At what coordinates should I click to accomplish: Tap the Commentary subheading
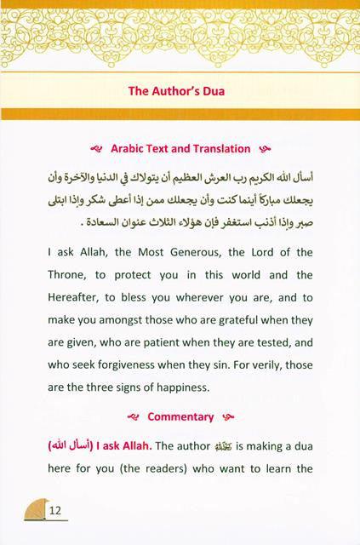(x=180, y=417)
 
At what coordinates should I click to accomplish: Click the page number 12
(x=57, y=511)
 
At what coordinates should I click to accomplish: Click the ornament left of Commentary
(x=132, y=417)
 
